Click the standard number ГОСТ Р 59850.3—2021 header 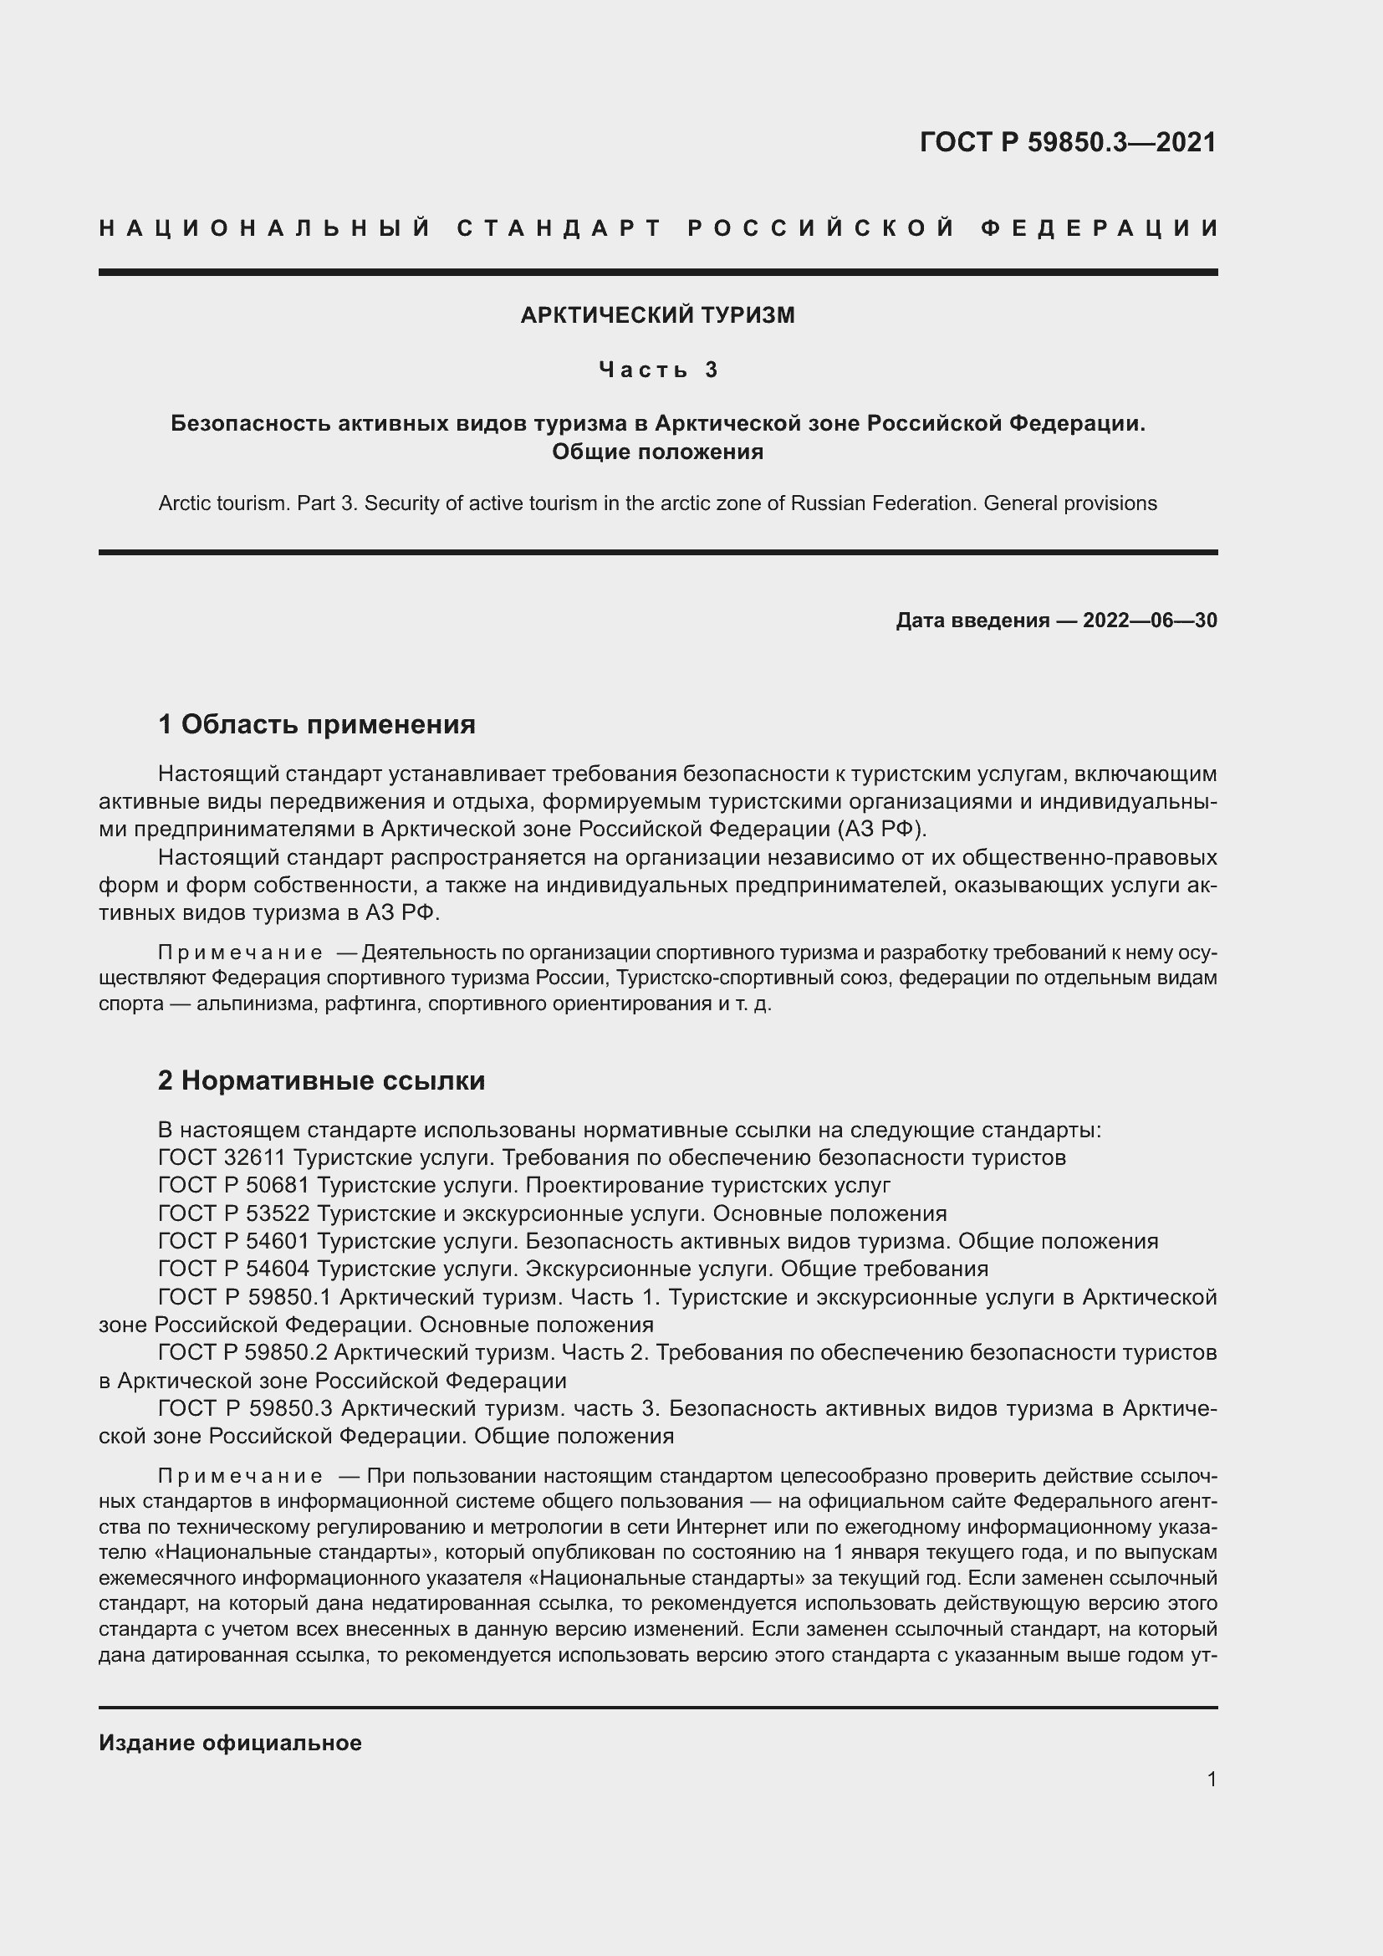1068,142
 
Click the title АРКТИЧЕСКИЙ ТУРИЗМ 657,315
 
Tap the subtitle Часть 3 658,370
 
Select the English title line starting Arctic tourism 657,503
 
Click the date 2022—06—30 1150,621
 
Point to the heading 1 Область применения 317,725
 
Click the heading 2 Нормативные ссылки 322,1081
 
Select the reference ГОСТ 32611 225,1157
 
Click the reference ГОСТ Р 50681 234,1185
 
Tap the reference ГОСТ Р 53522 234,1213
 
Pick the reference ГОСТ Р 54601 234,1241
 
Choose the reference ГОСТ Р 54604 234,1269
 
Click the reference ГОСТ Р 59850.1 245,1298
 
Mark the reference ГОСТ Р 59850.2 245,1353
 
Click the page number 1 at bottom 1211,1779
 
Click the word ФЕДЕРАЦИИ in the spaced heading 1100,228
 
